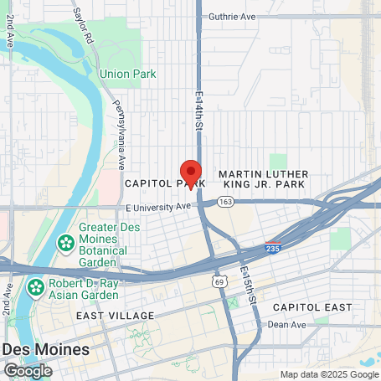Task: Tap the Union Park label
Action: pos(128,74)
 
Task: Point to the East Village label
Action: pos(115,316)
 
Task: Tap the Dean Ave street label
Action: pos(284,324)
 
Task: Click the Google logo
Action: pos(28,370)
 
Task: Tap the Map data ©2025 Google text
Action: pos(329,374)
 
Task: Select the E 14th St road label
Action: pos(201,110)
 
